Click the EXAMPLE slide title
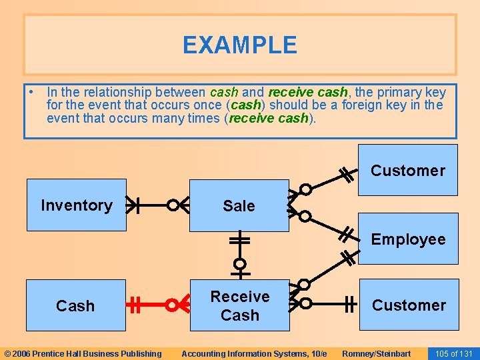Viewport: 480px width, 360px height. click(240, 45)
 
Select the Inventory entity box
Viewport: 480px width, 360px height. click(76, 205)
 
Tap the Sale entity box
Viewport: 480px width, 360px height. click(239, 206)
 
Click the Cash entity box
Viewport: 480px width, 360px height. click(75, 306)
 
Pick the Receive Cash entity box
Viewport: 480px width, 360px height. click(240, 305)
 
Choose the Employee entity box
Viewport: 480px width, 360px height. click(408, 239)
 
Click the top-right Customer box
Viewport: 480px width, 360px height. click(407, 171)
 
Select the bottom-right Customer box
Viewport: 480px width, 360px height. click(409, 305)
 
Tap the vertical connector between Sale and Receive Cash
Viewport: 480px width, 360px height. click(239, 253)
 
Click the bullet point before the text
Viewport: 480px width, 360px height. click(31, 92)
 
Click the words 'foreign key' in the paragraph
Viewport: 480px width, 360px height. click(366, 105)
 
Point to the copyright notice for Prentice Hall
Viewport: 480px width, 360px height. click(83, 353)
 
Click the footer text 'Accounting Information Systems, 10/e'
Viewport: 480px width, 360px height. click(254, 353)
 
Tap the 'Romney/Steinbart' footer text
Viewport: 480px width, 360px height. click(376, 353)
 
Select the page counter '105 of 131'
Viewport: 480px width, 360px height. click(453, 353)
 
